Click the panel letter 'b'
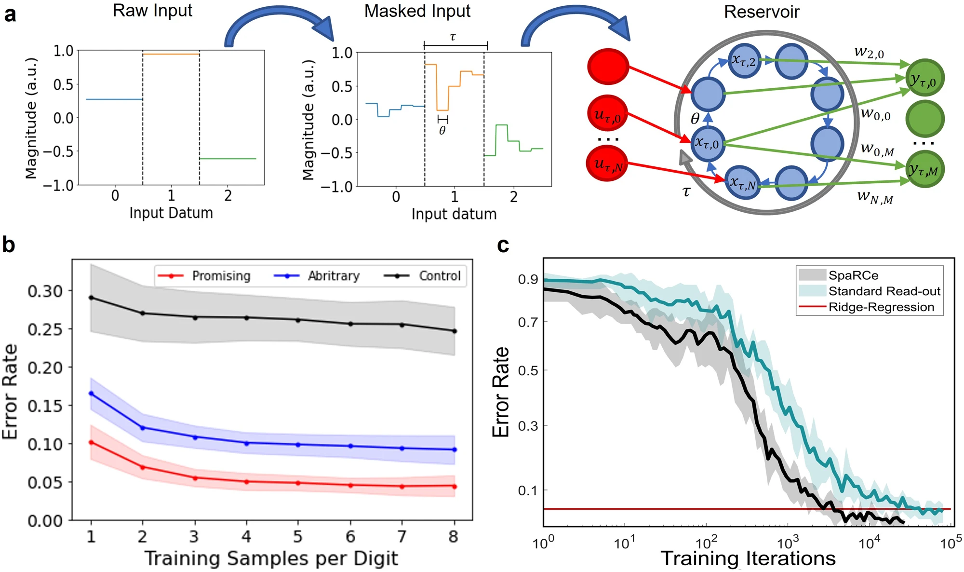click(9, 245)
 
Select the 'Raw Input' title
click(152, 11)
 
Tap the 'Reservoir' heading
click(761, 12)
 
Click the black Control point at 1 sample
click(91, 298)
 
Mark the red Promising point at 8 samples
click(454, 487)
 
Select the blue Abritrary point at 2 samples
click(142, 428)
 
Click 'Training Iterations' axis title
click(748, 558)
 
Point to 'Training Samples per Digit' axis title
click(271, 558)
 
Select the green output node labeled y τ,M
click(924, 169)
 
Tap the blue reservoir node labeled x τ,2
click(744, 61)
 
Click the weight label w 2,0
click(869, 52)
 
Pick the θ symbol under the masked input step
click(442, 130)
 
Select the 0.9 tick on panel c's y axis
click(527, 280)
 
